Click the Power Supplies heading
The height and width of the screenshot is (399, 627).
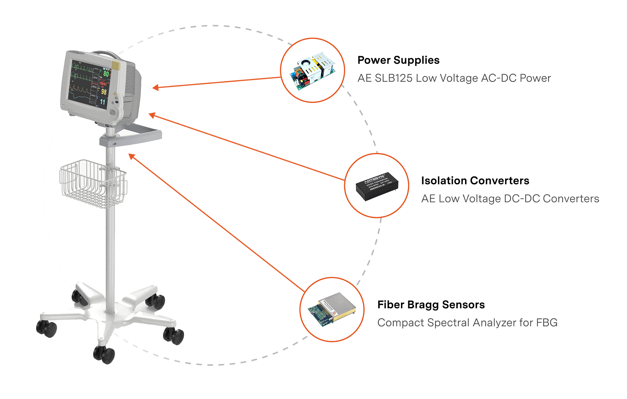pos(398,60)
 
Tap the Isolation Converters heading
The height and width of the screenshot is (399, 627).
pos(475,181)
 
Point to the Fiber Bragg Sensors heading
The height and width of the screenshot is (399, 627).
pos(431,305)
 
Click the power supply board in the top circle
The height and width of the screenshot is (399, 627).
pos(312,71)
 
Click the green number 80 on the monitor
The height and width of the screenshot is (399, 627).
pos(106,74)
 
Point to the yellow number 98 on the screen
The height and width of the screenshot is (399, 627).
pos(104,92)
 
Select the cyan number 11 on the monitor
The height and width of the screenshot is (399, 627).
pos(103,102)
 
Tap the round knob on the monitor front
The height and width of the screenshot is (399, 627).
pos(113,112)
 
